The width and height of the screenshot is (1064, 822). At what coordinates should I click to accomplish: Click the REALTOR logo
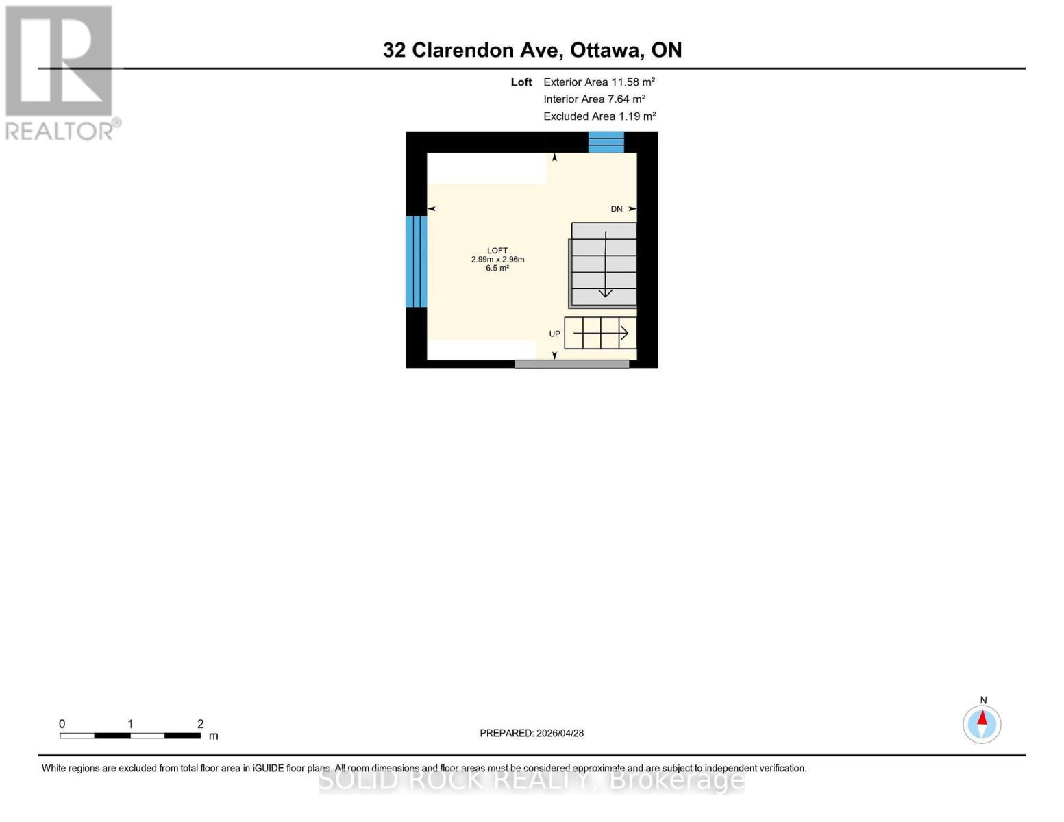[60, 72]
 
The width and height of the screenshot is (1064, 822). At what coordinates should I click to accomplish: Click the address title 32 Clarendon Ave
[532, 50]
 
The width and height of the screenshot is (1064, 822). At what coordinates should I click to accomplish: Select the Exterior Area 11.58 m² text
[599, 82]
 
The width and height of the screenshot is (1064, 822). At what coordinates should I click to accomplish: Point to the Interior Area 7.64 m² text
[594, 99]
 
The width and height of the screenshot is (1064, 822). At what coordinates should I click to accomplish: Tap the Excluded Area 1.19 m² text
[599, 116]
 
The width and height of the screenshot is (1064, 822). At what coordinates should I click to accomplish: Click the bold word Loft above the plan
[521, 82]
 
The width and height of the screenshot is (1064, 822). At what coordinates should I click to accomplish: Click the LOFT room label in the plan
[497, 251]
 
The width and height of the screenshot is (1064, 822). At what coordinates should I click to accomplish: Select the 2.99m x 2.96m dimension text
[497, 260]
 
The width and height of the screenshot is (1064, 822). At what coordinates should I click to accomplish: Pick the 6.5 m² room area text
[497, 269]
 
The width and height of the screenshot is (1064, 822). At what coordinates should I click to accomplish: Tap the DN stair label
[617, 209]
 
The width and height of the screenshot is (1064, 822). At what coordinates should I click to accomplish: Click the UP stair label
[554, 334]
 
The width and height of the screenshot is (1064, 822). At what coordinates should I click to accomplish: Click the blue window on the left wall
[416, 262]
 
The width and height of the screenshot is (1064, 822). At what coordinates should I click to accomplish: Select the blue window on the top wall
[606, 142]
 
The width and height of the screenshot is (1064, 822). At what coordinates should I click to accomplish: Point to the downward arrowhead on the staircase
[606, 293]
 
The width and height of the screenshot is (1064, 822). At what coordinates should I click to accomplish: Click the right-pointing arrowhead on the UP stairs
[624, 334]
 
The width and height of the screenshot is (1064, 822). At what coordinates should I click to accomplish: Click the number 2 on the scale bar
[200, 724]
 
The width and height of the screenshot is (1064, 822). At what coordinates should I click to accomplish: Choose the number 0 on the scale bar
[62, 724]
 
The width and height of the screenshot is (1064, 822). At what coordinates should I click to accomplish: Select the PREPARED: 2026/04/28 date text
[532, 733]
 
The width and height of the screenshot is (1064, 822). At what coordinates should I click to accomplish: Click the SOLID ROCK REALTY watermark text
[532, 780]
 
